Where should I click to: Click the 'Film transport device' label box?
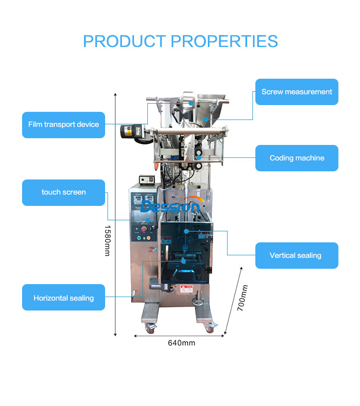click(63, 125)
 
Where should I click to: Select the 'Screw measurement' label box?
click(297, 92)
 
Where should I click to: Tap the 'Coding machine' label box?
click(297, 158)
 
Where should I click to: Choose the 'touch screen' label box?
click(63, 192)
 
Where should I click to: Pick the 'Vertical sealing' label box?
click(297, 256)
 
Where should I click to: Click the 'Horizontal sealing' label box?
click(63, 297)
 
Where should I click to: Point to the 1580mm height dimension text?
click(108, 240)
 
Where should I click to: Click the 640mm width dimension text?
click(181, 343)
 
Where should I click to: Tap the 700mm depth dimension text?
click(242, 298)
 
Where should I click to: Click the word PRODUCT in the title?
click(125, 41)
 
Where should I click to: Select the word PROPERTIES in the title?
click(224, 41)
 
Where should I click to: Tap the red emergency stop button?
click(144, 229)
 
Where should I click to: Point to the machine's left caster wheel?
click(150, 328)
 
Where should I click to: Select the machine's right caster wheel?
click(210, 328)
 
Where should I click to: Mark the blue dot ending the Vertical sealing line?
click(186, 231)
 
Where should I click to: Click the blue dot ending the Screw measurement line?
click(206, 119)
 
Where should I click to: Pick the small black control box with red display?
click(147, 179)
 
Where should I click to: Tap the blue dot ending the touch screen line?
click(148, 220)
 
